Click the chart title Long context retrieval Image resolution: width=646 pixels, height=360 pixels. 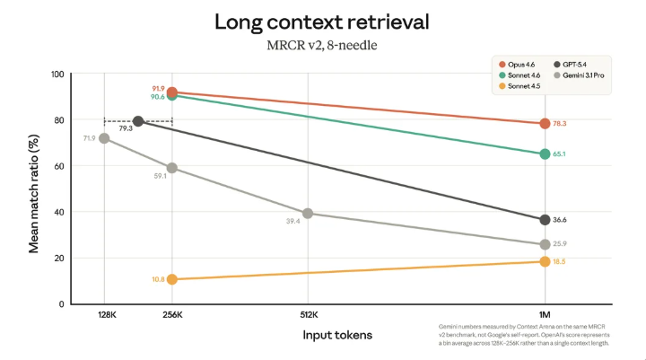click(322, 22)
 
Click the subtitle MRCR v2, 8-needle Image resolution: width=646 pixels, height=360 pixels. click(322, 44)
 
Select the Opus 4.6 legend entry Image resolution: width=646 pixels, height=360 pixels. click(521, 64)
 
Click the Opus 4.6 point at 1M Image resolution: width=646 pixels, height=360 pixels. click(545, 124)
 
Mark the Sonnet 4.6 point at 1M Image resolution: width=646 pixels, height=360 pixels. click(545, 154)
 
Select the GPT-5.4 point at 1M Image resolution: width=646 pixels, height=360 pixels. click(545, 220)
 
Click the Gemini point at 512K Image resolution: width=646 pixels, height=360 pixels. click(308, 214)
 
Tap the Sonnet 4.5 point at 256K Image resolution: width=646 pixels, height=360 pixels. click(171, 279)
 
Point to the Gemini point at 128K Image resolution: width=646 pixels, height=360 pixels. click(104, 138)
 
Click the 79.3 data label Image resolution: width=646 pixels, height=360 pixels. click(126, 129)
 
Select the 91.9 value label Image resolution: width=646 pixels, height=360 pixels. click(158, 89)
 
